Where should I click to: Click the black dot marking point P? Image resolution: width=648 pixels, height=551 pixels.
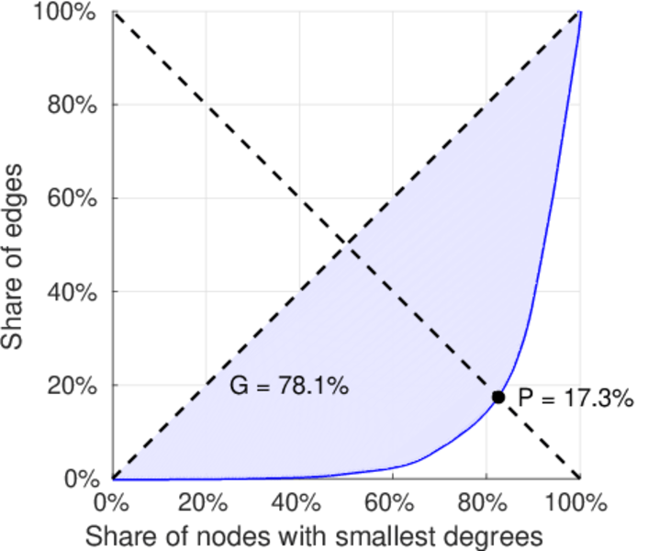click(x=498, y=397)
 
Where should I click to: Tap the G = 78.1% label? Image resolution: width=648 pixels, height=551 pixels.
click(x=288, y=387)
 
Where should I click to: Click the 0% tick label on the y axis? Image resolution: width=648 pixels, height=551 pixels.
click(x=84, y=479)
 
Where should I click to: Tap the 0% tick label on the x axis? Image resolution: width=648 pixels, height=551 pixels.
click(x=113, y=503)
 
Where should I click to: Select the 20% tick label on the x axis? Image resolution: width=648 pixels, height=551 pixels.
click(x=206, y=503)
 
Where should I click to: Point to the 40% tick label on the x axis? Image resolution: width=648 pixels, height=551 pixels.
click(x=299, y=503)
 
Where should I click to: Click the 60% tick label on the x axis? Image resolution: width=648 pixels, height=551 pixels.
click(x=393, y=503)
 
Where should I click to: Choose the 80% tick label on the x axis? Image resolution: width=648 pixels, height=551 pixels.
click(x=486, y=503)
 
